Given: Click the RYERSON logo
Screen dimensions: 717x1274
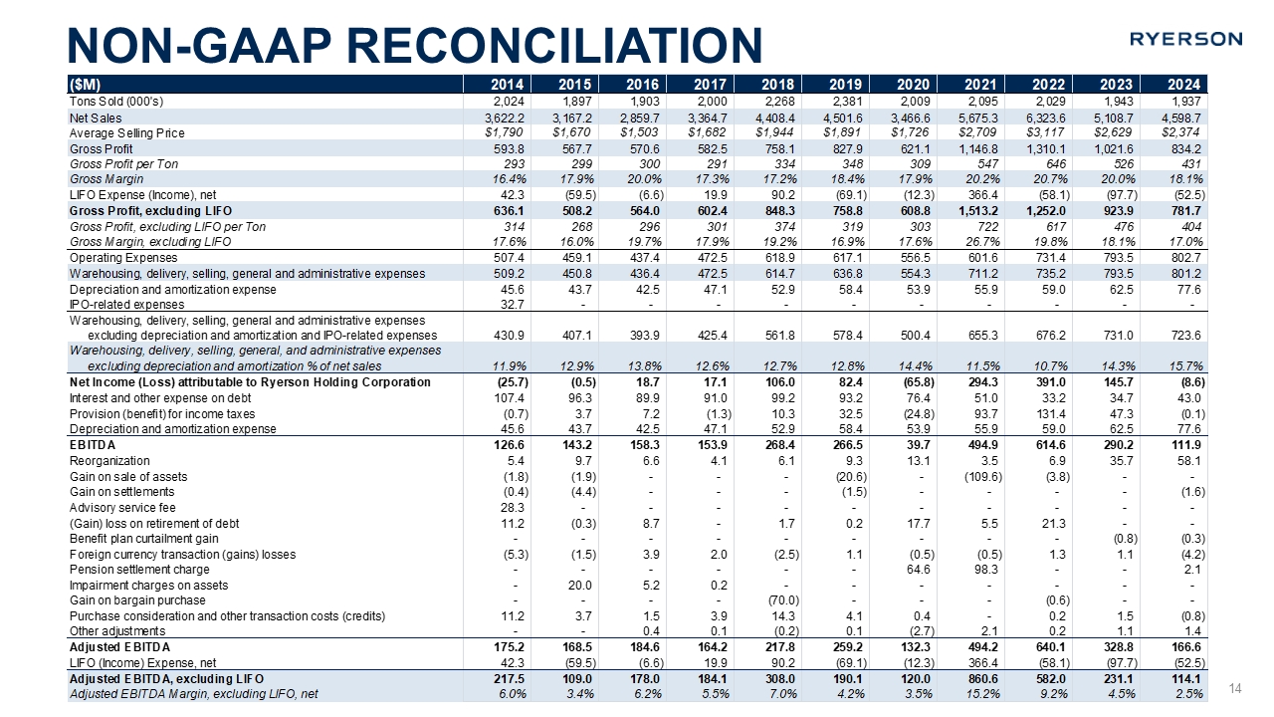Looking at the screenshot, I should [1185, 39].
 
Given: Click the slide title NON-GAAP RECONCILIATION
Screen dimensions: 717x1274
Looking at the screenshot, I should [414, 45].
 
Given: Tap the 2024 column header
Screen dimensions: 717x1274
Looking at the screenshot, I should [1182, 84].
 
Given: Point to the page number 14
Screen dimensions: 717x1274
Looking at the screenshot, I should [1237, 688].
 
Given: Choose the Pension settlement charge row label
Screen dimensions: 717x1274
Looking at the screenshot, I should [138, 570].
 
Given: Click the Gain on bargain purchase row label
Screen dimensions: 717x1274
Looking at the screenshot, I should [137, 600].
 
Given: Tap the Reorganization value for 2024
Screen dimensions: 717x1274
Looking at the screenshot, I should [1187, 461].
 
